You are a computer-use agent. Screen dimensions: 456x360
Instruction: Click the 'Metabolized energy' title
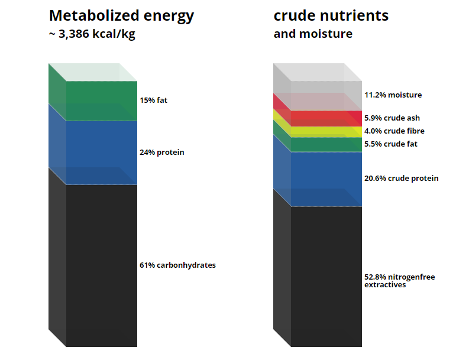(x=121, y=17)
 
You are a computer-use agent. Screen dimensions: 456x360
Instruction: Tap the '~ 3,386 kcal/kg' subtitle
(x=92, y=34)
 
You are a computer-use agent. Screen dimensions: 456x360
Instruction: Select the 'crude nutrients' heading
(x=331, y=16)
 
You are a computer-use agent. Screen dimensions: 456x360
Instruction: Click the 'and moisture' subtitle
(x=313, y=34)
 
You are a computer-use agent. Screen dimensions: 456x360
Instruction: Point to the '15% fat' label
(x=154, y=100)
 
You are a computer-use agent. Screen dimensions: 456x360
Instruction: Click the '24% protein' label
(x=161, y=153)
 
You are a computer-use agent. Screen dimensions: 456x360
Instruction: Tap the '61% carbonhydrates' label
(x=177, y=265)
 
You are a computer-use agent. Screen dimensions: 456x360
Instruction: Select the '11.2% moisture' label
(x=393, y=95)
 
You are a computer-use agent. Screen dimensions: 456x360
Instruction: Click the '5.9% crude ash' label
(x=392, y=118)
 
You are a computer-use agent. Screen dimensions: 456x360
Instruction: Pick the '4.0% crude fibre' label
(x=394, y=131)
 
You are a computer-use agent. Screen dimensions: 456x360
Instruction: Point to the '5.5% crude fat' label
(x=391, y=144)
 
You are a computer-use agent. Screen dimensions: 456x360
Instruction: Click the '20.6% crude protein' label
(x=402, y=178)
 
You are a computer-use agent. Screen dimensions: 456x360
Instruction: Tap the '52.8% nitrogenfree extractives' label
(x=400, y=281)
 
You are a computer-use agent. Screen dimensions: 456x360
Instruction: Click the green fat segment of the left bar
(x=102, y=101)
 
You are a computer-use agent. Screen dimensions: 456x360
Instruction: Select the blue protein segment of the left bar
(x=102, y=153)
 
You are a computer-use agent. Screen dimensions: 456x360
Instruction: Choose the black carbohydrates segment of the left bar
(x=102, y=265)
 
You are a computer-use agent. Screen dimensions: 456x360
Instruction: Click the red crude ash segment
(x=326, y=119)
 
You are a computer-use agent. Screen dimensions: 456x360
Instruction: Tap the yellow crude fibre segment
(x=326, y=132)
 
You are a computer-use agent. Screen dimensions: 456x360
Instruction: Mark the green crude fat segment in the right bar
(x=326, y=144)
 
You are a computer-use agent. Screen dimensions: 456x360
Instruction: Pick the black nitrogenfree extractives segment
(x=326, y=277)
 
